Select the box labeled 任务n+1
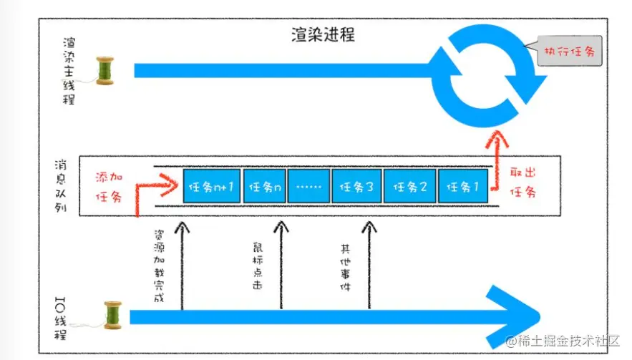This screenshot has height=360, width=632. coord(211,188)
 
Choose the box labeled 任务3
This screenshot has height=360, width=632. coord(356,188)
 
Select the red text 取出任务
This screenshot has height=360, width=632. coord(522,183)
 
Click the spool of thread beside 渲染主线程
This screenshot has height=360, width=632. coord(105,71)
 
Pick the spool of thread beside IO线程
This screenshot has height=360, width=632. coord(113,315)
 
